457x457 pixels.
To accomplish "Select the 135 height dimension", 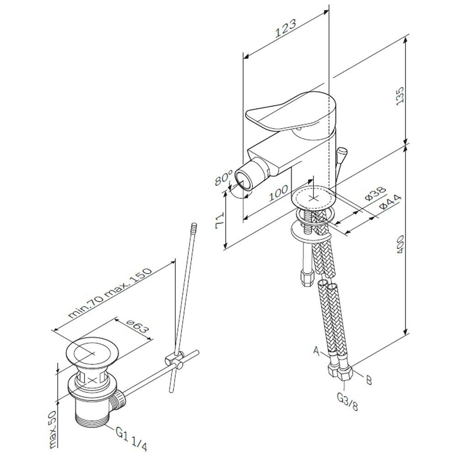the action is [x=400, y=96].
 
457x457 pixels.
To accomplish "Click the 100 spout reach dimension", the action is [x=279, y=194].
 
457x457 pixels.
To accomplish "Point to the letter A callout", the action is [x=316, y=351].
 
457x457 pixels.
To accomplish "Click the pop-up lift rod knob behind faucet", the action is [x=341, y=152].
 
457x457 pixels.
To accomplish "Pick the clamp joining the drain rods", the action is [x=176, y=359].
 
